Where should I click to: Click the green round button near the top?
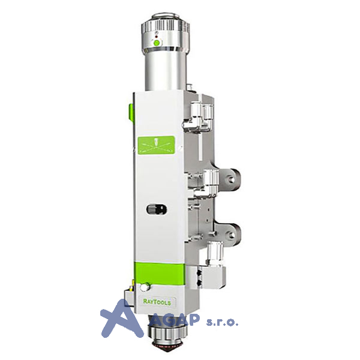(157, 43)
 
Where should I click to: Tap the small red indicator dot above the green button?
(157, 37)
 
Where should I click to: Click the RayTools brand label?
(157, 301)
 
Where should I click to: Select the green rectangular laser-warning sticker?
(156, 145)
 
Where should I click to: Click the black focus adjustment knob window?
(157, 209)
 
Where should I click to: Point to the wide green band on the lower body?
(159, 273)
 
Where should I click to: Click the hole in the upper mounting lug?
(231, 178)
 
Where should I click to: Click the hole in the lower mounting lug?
(231, 235)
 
